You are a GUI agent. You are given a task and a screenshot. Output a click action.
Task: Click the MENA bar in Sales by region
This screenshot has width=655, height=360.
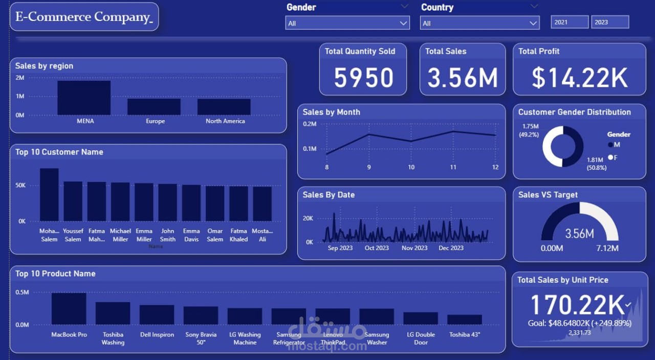(84, 98)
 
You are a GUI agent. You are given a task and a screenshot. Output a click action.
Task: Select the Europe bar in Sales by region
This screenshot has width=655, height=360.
(154, 106)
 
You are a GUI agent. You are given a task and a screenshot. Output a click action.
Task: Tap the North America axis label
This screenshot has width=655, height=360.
(225, 121)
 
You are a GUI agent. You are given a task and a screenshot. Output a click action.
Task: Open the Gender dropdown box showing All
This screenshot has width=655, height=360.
(347, 23)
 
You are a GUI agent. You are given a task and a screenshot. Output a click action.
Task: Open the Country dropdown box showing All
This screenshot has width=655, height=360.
(479, 23)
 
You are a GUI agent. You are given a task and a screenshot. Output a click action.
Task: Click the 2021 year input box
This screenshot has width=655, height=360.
(569, 22)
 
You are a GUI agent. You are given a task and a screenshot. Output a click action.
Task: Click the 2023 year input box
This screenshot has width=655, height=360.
(609, 22)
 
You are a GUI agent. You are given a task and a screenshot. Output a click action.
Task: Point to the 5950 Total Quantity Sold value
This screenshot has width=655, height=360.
(363, 78)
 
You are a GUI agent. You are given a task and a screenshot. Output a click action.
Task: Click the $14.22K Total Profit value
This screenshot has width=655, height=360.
(579, 78)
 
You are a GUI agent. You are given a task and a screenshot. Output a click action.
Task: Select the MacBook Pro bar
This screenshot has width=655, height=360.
(69, 308)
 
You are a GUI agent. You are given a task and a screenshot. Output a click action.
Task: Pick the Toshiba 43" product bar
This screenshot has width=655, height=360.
(464, 320)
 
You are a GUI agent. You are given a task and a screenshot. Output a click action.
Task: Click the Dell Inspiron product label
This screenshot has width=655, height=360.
(157, 335)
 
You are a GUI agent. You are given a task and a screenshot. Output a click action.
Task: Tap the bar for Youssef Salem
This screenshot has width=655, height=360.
(73, 201)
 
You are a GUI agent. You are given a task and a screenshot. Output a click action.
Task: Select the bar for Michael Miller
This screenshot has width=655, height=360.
(120, 201)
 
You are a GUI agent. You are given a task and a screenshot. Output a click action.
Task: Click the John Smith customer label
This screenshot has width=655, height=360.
(168, 235)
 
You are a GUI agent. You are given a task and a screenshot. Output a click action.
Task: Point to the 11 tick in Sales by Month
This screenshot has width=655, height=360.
(453, 167)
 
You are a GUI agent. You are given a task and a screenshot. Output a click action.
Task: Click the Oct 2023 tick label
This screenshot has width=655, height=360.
(377, 248)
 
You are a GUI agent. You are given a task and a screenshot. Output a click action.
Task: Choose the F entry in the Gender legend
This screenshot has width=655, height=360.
(613, 157)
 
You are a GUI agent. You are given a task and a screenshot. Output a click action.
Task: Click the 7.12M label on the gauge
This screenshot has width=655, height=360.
(607, 249)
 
